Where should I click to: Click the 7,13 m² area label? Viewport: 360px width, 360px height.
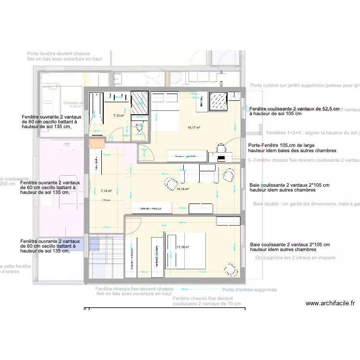tap(119, 116)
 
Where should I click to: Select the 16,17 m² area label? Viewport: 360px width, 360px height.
tap(193, 128)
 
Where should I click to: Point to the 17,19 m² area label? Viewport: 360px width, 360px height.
tap(183, 247)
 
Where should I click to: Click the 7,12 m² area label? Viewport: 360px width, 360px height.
tap(106, 177)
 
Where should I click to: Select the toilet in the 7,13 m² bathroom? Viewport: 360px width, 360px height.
tap(140, 127)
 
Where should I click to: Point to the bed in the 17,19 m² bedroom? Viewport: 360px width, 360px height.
tap(185, 251)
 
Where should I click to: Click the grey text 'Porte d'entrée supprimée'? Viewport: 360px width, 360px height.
tap(250, 290)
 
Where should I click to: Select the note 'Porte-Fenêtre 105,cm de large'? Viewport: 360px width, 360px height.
tap(281, 145)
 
